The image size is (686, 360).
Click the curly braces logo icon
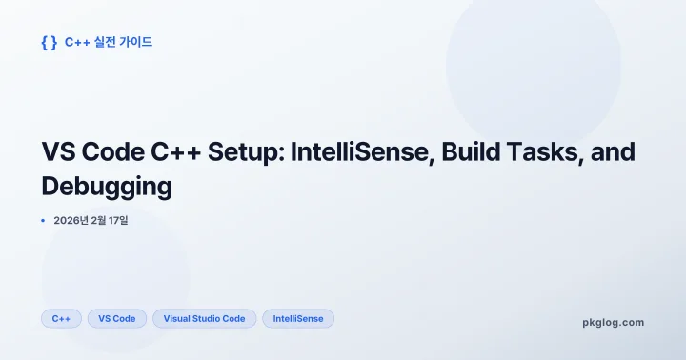(49, 42)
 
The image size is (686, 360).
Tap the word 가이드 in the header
(137, 42)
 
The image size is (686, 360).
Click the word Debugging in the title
(107, 187)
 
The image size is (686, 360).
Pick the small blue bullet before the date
(43, 221)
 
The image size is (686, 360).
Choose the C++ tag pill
(61, 318)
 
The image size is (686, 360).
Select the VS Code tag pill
(117, 318)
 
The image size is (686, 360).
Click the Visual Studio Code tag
(204, 318)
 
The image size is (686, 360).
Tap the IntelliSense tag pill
(297, 318)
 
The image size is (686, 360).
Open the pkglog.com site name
(613, 322)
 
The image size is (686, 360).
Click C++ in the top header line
(74, 42)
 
